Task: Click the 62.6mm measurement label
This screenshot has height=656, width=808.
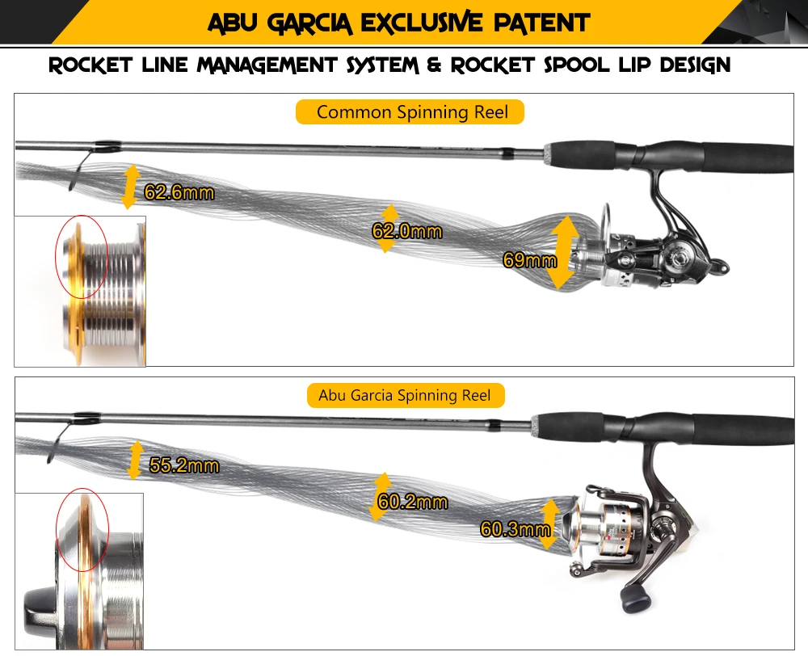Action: (x=179, y=192)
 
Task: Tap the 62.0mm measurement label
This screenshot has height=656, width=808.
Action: (x=407, y=231)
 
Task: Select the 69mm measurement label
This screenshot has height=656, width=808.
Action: (x=530, y=259)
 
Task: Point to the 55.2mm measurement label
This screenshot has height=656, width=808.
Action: (x=184, y=465)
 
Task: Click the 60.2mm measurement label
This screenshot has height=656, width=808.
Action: (x=412, y=502)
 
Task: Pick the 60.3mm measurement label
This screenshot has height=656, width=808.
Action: (x=516, y=528)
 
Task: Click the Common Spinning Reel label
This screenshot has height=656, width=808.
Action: (x=412, y=111)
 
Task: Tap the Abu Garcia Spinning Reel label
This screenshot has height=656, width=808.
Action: (x=405, y=395)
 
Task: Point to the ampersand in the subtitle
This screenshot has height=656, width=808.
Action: (x=434, y=65)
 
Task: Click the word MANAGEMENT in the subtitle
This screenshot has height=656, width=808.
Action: (x=267, y=65)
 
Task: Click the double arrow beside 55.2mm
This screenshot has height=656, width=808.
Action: (x=135, y=460)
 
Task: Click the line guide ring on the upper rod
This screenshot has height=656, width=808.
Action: (x=82, y=166)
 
